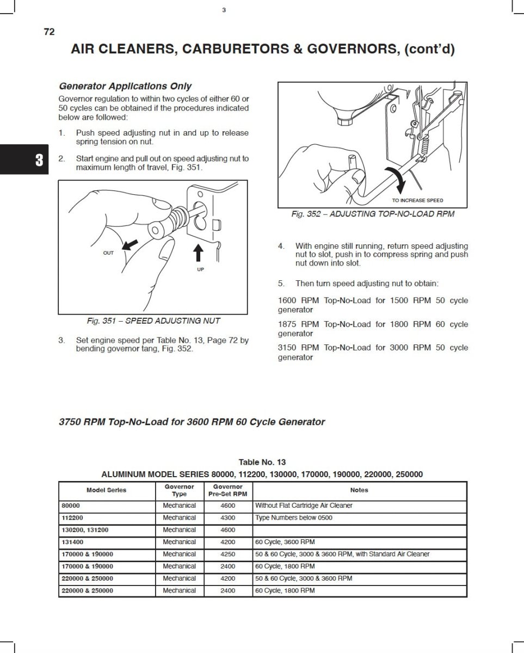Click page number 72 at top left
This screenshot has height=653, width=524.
click(49, 32)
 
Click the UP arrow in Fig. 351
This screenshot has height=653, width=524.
click(199, 252)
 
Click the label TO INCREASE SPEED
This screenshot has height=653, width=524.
click(417, 200)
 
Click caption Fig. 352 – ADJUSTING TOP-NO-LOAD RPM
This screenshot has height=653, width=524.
click(373, 214)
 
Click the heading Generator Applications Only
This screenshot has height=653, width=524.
click(125, 86)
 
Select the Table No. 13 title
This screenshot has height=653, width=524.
click(262, 462)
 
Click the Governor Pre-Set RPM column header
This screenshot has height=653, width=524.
click(228, 490)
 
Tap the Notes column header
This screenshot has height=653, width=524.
click(359, 490)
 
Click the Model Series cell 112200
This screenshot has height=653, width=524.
click(72, 518)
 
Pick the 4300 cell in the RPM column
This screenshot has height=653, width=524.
click(228, 518)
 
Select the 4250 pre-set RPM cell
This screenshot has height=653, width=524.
click(228, 554)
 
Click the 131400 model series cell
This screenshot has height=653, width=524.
click(72, 542)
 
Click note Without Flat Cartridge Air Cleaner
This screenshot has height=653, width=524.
click(304, 506)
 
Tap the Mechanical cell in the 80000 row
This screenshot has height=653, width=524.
click(179, 506)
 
